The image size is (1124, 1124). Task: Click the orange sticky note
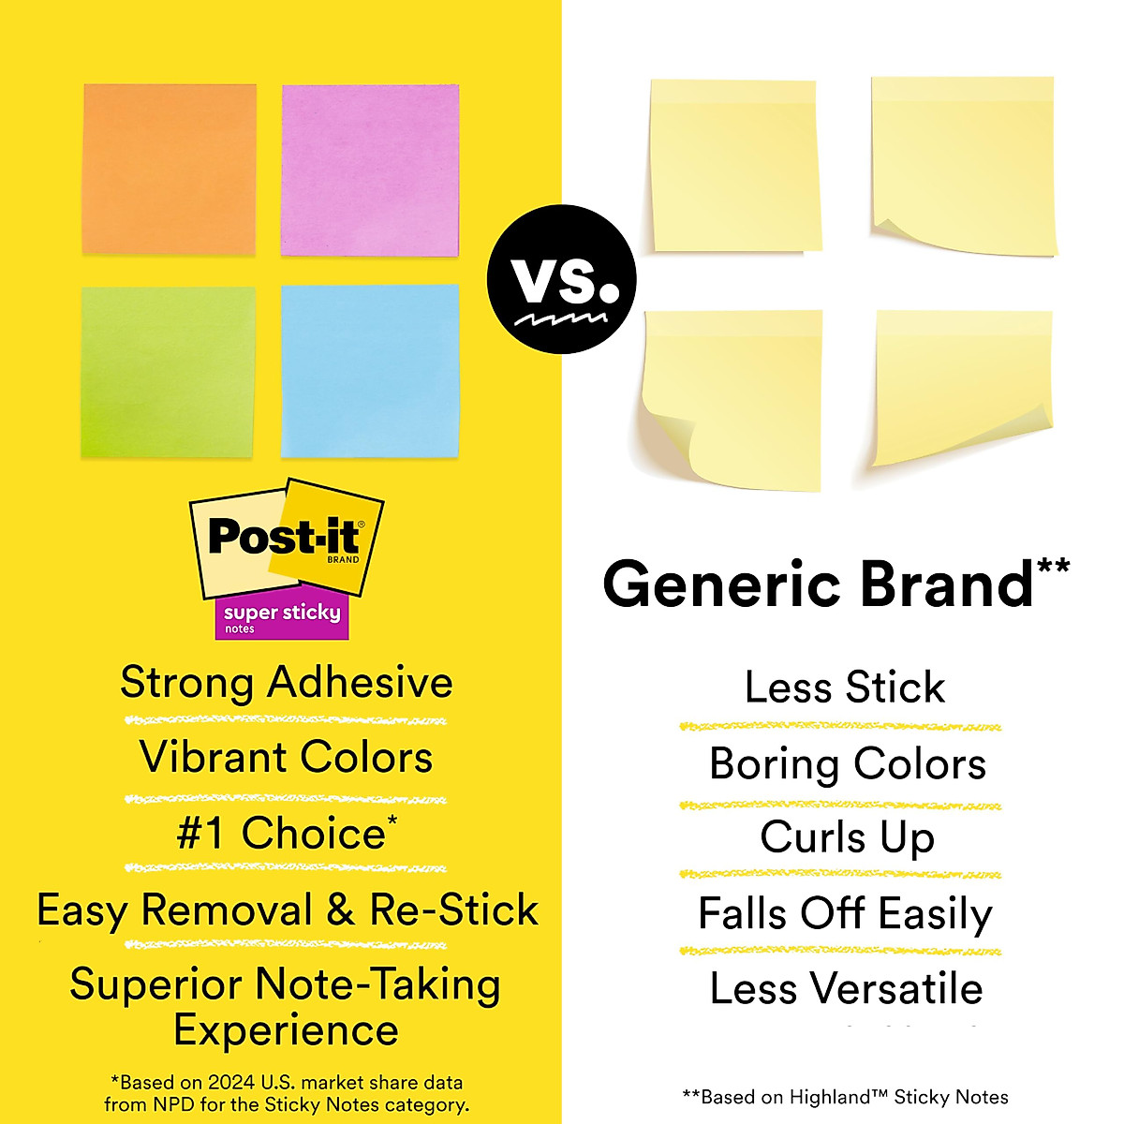click(x=170, y=169)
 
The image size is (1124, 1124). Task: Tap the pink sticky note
click(x=370, y=170)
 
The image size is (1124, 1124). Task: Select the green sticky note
click(x=168, y=372)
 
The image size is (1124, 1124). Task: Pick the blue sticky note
click(x=370, y=371)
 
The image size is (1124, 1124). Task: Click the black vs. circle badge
click(x=561, y=279)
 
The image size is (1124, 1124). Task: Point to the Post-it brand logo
click(x=286, y=539)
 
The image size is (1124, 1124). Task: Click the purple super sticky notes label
click(x=282, y=617)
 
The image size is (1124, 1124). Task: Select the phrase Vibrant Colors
click(x=286, y=757)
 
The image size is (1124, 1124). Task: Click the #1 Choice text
click(x=286, y=833)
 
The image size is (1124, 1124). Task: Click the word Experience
click(x=286, y=1029)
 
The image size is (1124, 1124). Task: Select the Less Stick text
click(x=844, y=688)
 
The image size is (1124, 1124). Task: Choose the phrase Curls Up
click(x=847, y=837)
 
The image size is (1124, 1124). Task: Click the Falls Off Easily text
click(x=845, y=913)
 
